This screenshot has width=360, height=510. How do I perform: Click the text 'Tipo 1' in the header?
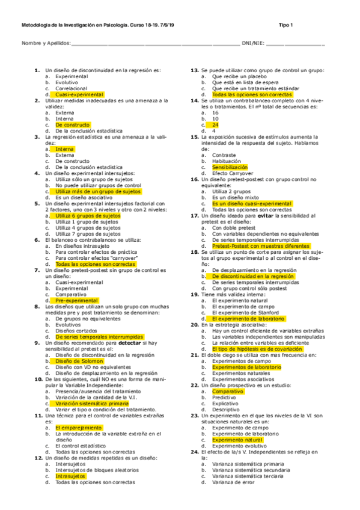tap(285, 25)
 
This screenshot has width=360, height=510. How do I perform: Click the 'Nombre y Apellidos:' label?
tap(46, 43)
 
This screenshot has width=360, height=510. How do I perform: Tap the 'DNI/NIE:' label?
tap(252, 43)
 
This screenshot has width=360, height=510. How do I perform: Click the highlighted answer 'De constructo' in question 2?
tap(72, 124)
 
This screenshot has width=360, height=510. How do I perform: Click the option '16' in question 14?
tap(215, 112)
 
